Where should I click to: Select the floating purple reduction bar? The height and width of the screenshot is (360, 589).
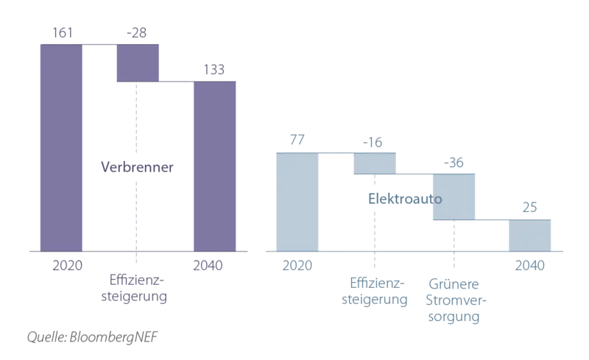pyautogui.click(x=136, y=63)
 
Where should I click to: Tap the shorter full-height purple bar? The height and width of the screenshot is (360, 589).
pyautogui.click(x=214, y=165)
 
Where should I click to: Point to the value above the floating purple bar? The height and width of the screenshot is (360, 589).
pyautogui.click(x=136, y=33)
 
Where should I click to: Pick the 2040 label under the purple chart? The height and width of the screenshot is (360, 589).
pyautogui.click(x=214, y=263)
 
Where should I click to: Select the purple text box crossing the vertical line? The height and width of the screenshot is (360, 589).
pyautogui.click(x=138, y=168)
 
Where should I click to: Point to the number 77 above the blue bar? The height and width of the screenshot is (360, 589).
pyautogui.click(x=296, y=141)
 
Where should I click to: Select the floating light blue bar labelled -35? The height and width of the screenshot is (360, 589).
pyautogui.click(x=454, y=196)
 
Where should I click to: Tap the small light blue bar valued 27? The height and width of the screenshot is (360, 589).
pyautogui.click(x=530, y=235)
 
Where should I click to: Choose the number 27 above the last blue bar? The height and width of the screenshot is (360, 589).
pyautogui.click(x=530, y=209)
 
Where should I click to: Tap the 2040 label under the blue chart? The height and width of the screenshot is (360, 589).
pyautogui.click(x=530, y=264)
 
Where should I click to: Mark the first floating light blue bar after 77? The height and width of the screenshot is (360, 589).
pyautogui.click(x=376, y=163)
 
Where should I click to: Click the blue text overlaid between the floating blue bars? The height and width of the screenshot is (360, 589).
pyautogui.click(x=403, y=199)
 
